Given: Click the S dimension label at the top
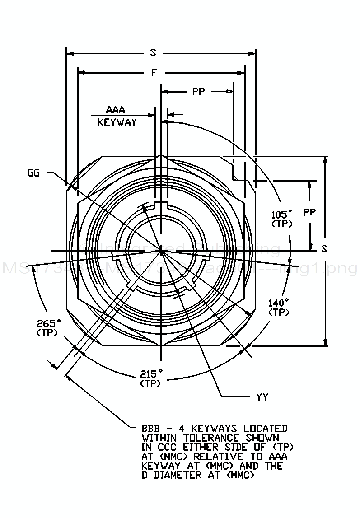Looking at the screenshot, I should click(154, 53).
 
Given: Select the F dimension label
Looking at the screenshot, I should click(154, 72).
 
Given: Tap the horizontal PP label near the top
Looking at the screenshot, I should click(198, 92).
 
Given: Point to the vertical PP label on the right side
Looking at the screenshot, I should click(310, 212).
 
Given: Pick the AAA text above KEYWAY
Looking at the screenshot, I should click(115, 110).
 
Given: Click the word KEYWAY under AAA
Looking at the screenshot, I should click(117, 122).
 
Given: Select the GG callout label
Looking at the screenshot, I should click(33, 172).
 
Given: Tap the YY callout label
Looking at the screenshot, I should click(262, 397).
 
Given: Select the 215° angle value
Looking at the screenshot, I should click(151, 374).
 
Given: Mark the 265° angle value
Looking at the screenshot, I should click(49, 323).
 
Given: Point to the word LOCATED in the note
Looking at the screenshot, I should click(265, 428).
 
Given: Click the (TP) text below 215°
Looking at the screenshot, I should click(151, 383).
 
